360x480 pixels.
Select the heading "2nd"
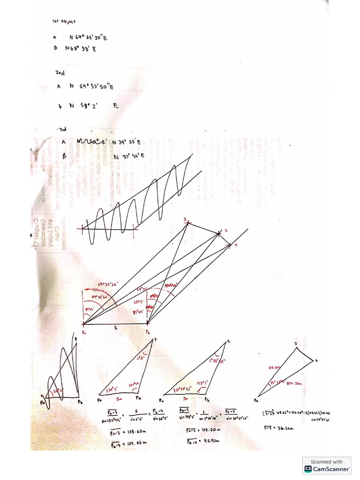coord(60,73)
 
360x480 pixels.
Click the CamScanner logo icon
coord(308,468)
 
